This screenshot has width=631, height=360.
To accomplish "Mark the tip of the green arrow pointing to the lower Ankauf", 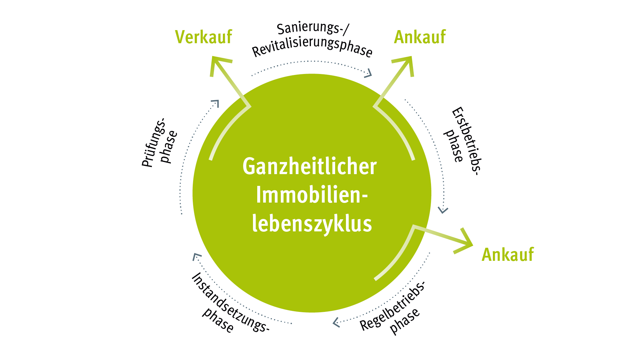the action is point(472,245).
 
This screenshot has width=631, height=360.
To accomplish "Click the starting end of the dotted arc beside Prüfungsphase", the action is point(182,214).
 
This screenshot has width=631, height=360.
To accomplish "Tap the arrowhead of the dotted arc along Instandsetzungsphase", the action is point(194,254).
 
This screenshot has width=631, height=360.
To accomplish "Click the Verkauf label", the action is point(204,37).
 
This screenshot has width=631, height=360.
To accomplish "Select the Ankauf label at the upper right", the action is point(420,37).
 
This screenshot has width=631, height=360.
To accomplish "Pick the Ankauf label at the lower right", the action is point(508,255).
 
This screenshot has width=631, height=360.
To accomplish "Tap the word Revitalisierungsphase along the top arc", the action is point(312,48).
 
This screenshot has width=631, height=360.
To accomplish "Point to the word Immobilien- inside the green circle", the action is point(312,195).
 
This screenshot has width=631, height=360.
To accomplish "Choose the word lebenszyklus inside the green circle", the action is point(312,224).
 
